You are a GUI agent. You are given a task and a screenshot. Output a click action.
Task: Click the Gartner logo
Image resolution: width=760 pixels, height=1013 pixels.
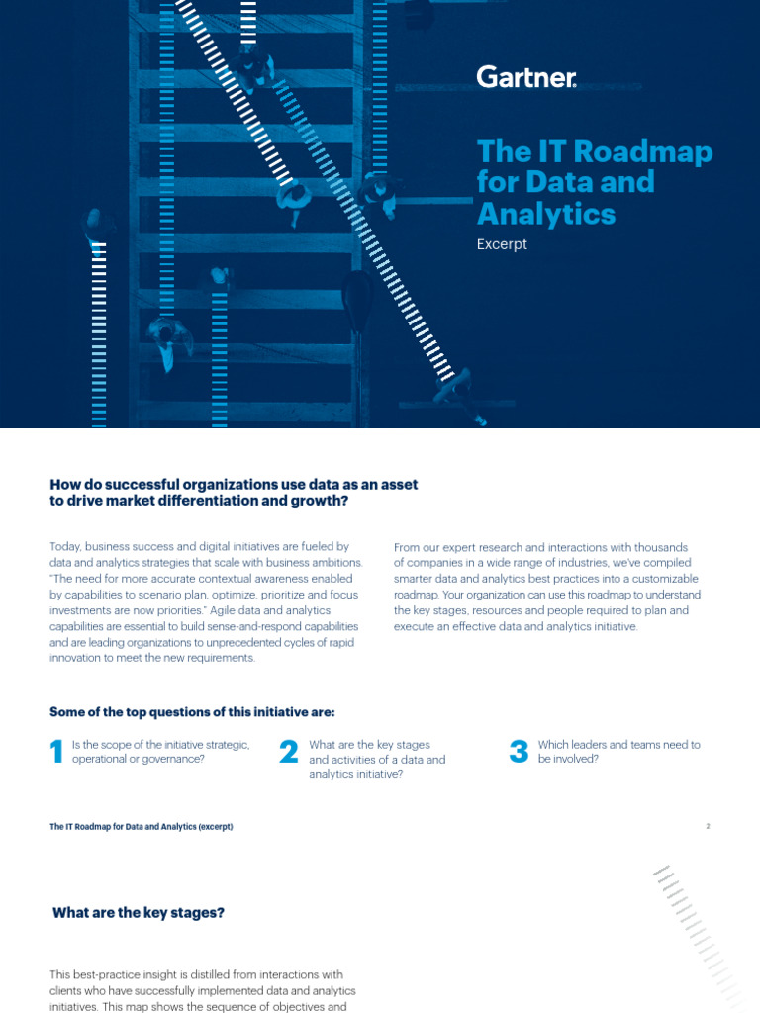point(525,77)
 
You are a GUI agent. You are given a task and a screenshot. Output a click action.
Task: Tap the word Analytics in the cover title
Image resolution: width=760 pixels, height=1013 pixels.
point(546,214)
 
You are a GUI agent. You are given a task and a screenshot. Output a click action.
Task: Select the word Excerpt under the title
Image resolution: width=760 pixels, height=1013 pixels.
point(502,244)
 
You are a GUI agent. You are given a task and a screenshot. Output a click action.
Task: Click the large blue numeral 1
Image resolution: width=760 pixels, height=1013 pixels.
point(56,753)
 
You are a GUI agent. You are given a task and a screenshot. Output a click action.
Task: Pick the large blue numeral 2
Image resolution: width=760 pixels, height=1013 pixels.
point(289,753)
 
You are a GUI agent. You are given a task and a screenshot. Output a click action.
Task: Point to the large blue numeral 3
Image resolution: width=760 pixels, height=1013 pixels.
point(519,753)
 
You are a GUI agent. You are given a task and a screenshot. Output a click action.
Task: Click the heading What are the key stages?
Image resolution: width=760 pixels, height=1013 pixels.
point(139,913)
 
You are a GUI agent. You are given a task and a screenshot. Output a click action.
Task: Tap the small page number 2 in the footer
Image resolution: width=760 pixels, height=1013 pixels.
point(708,826)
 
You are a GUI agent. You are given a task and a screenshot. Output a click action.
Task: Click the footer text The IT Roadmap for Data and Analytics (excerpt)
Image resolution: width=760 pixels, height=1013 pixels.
point(142,826)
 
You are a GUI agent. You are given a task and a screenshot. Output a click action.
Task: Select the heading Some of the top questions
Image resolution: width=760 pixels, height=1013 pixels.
point(192,712)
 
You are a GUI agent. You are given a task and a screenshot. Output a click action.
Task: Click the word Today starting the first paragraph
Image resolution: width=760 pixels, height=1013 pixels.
point(65,547)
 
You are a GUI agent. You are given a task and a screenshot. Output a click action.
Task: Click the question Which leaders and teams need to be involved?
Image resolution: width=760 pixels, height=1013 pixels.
point(618,752)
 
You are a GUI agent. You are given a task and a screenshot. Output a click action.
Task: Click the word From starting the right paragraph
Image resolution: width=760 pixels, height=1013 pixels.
point(408,547)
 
